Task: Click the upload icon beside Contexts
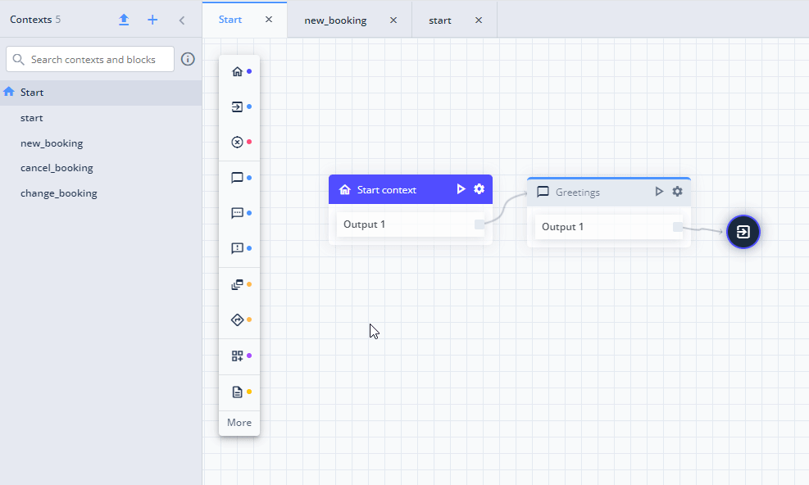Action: click(x=124, y=20)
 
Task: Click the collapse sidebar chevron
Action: click(x=182, y=20)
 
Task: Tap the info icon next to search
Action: click(x=188, y=59)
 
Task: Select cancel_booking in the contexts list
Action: click(x=57, y=168)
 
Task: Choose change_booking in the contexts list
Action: click(x=59, y=193)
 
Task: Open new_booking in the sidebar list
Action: click(x=52, y=143)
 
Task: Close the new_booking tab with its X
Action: click(x=393, y=20)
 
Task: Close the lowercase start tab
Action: click(x=479, y=20)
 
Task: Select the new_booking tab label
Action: click(x=335, y=20)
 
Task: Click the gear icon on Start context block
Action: click(x=479, y=189)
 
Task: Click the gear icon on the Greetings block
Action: click(x=677, y=192)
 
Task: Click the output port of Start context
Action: click(x=479, y=224)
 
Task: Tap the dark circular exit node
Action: click(x=743, y=232)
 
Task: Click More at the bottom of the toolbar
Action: click(x=239, y=423)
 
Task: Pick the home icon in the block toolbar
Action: click(x=237, y=71)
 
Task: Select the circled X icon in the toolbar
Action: click(x=237, y=142)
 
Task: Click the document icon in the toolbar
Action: click(x=237, y=392)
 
